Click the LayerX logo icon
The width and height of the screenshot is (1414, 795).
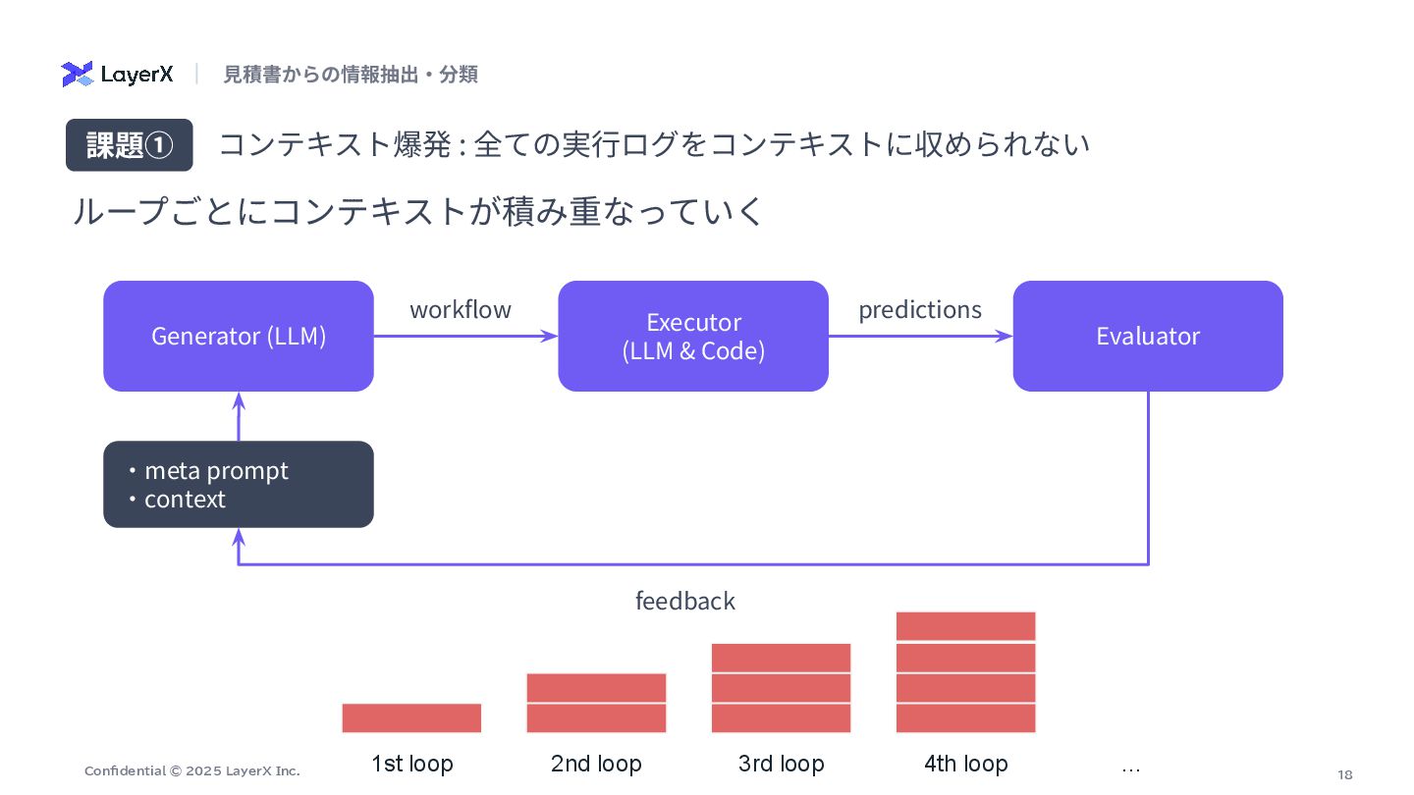(x=77, y=74)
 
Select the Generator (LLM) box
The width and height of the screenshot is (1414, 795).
(x=239, y=336)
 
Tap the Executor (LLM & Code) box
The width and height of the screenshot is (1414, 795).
(x=693, y=336)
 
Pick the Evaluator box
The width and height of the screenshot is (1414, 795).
(x=1148, y=336)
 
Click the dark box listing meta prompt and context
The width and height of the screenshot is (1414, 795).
(x=239, y=484)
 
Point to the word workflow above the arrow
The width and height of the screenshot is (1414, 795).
(x=461, y=310)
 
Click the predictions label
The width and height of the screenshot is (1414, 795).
(x=920, y=310)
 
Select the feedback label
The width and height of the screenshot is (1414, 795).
(x=685, y=601)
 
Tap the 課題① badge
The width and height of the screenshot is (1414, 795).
(x=129, y=145)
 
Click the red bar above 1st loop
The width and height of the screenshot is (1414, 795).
(x=411, y=717)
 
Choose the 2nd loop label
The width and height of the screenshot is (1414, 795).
(x=596, y=764)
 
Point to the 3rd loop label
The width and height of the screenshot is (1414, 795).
(x=781, y=764)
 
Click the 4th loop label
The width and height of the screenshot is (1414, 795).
(x=966, y=764)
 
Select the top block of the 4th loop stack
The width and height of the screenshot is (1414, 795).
(x=966, y=625)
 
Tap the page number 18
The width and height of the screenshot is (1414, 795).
(x=1345, y=774)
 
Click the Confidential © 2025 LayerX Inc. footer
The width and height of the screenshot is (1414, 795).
(x=192, y=770)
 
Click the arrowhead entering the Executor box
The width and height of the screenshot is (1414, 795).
(x=551, y=336)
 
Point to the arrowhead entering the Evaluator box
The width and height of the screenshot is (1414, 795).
(x=1006, y=336)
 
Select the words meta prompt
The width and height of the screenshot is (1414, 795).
(x=216, y=470)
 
